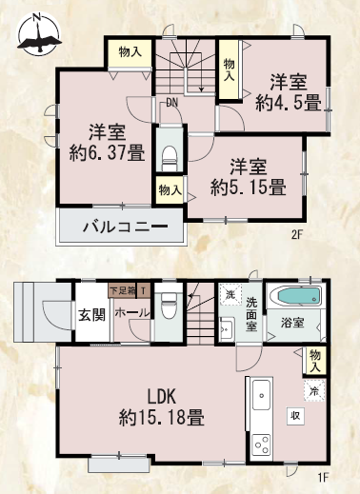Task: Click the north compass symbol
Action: tap(39, 34)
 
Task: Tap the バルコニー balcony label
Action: tap(125, 227)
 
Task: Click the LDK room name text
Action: tap(161, 397)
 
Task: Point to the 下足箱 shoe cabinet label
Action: tap(122, 290)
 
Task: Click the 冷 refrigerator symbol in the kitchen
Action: tap(314, 390)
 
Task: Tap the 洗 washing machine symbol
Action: tap(230, 294)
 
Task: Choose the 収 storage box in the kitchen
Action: tap(295, 416)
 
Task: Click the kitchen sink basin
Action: tap(261, 395)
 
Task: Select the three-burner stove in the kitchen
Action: tap(261, 445)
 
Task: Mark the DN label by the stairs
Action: tap(171, 103)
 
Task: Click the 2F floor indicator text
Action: tap(298, 235)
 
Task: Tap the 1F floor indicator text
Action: tap(323, 477)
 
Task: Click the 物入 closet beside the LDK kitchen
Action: tap(315, 361)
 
